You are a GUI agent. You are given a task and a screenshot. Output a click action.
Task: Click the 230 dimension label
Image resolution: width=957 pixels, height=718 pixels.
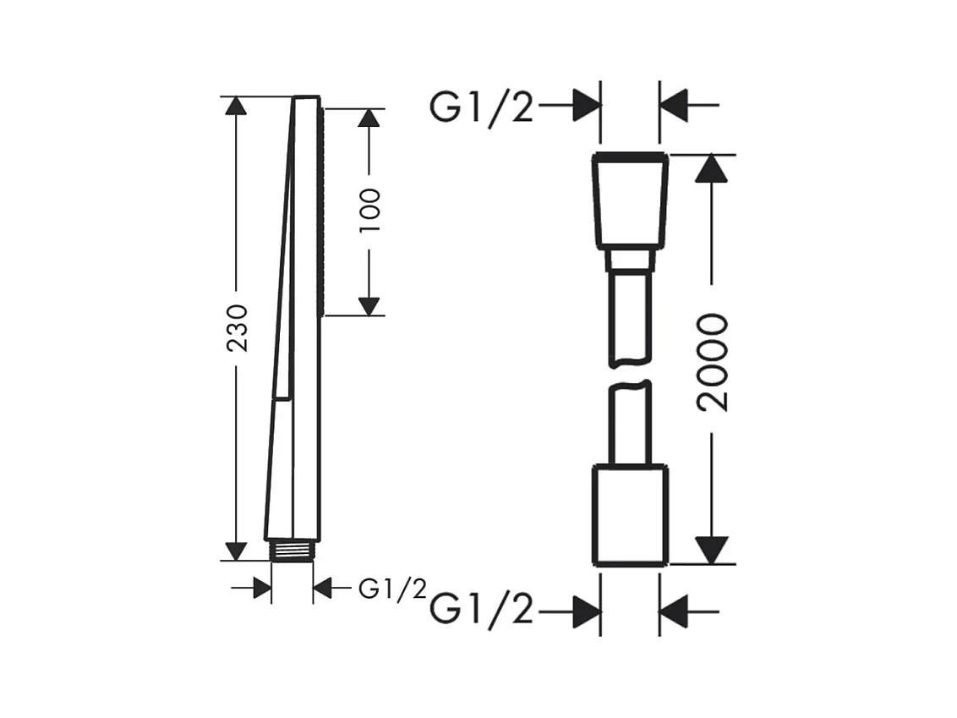tap(237, 328)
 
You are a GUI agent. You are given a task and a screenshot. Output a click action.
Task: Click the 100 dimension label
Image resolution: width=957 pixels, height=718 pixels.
tap(369, 210)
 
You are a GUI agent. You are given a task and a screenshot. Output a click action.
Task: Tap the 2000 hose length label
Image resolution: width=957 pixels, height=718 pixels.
tap(713, 363)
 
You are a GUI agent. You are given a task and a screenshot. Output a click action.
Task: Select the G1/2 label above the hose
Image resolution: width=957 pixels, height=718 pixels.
tap(482, 108)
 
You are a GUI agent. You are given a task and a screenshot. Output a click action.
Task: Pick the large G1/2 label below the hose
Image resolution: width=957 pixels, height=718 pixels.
tap(482, 610)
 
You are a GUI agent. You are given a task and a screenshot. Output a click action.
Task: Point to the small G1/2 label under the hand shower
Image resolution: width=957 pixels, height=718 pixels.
tap(392, 589)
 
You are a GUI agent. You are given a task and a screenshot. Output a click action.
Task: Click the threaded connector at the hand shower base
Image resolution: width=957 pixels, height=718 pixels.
tap(293, 550)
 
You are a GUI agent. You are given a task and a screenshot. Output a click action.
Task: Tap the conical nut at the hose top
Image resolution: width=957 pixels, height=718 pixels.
tap(631, 201)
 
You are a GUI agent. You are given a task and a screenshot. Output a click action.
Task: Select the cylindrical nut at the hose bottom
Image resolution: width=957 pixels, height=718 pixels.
tap(631, 515)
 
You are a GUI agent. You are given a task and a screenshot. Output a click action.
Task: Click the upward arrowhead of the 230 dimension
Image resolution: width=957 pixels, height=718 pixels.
tap(236, 106)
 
